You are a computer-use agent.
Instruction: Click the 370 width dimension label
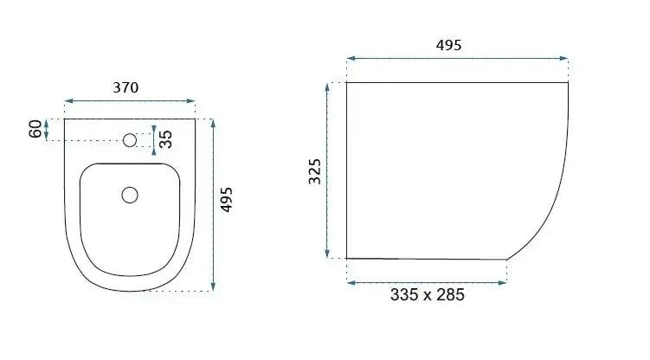coord(125,87)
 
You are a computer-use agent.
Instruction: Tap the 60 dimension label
coord(35,129)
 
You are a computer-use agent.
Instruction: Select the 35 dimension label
coord(166,139)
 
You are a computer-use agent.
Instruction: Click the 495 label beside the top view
coord(227,200)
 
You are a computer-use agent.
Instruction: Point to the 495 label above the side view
coord(448,45)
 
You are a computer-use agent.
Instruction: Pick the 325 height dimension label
coord(315,171)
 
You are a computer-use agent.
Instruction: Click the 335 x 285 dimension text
coord(428,295)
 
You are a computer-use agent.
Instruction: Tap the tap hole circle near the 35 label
coord(130,140)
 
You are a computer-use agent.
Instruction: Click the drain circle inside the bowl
coord(130,195)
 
